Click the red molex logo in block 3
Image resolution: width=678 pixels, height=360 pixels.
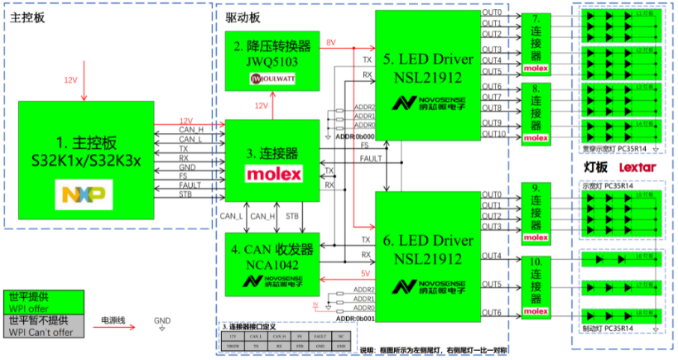tap(272, 175)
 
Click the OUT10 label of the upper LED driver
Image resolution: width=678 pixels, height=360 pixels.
tap(494, 133)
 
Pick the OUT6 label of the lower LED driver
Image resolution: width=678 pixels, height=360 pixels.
tap(492, 311)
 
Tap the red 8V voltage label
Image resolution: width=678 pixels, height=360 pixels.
tap(331, 42)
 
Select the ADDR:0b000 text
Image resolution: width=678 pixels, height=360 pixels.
tap(353, 137)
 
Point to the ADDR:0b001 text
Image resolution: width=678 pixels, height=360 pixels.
tap(353, 318)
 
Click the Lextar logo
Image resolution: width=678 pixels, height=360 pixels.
tap(637, 167)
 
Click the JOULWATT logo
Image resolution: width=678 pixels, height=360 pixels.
tap(272, 79)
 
